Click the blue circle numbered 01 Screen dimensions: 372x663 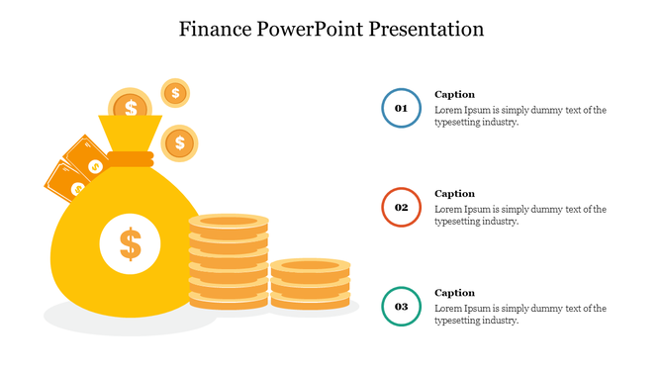pyautogui.click(x=402, y=108)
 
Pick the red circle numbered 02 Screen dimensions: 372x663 pyautogui.click(x=402, y=208)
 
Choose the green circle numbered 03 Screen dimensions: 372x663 pyautogui.click(x=402, y=307)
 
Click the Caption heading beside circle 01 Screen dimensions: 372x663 pyautogui.click(x=455, y=95)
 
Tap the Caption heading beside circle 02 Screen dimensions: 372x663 pyautogui.click(x=455, y=194)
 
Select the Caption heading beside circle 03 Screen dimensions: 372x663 pyautogui.click(x=455, y=293)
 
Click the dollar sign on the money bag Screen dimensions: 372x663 pyautogui.click(x=130, y=242)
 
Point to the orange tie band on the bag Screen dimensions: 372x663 pyautogui.click(x=131, y=157)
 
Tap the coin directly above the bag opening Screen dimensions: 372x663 pyautogui.click(x=131, y=106)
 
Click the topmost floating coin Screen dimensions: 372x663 pyautogui.click(x=175, y=93)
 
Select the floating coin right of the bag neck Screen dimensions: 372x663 pyautogui.click(x=179, y=143)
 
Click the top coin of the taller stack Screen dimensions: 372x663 pyautogui.click(x=229, y=221)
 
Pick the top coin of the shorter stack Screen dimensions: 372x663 pyautogui.click(x=310, y=265)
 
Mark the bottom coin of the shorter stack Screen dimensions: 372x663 pyautogui.click(x=310, y=301)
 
